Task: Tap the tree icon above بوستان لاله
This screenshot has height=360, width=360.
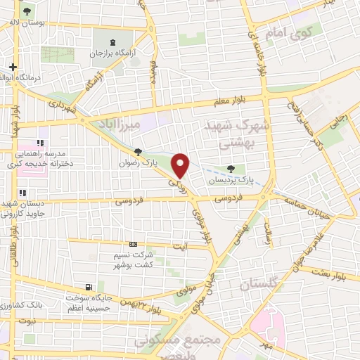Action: (27, 11)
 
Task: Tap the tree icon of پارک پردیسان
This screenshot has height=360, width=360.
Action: (231, 168)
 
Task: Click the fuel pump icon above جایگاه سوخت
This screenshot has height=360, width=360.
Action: (88, 287)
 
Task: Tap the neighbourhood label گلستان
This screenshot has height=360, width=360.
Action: (259, 285)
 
